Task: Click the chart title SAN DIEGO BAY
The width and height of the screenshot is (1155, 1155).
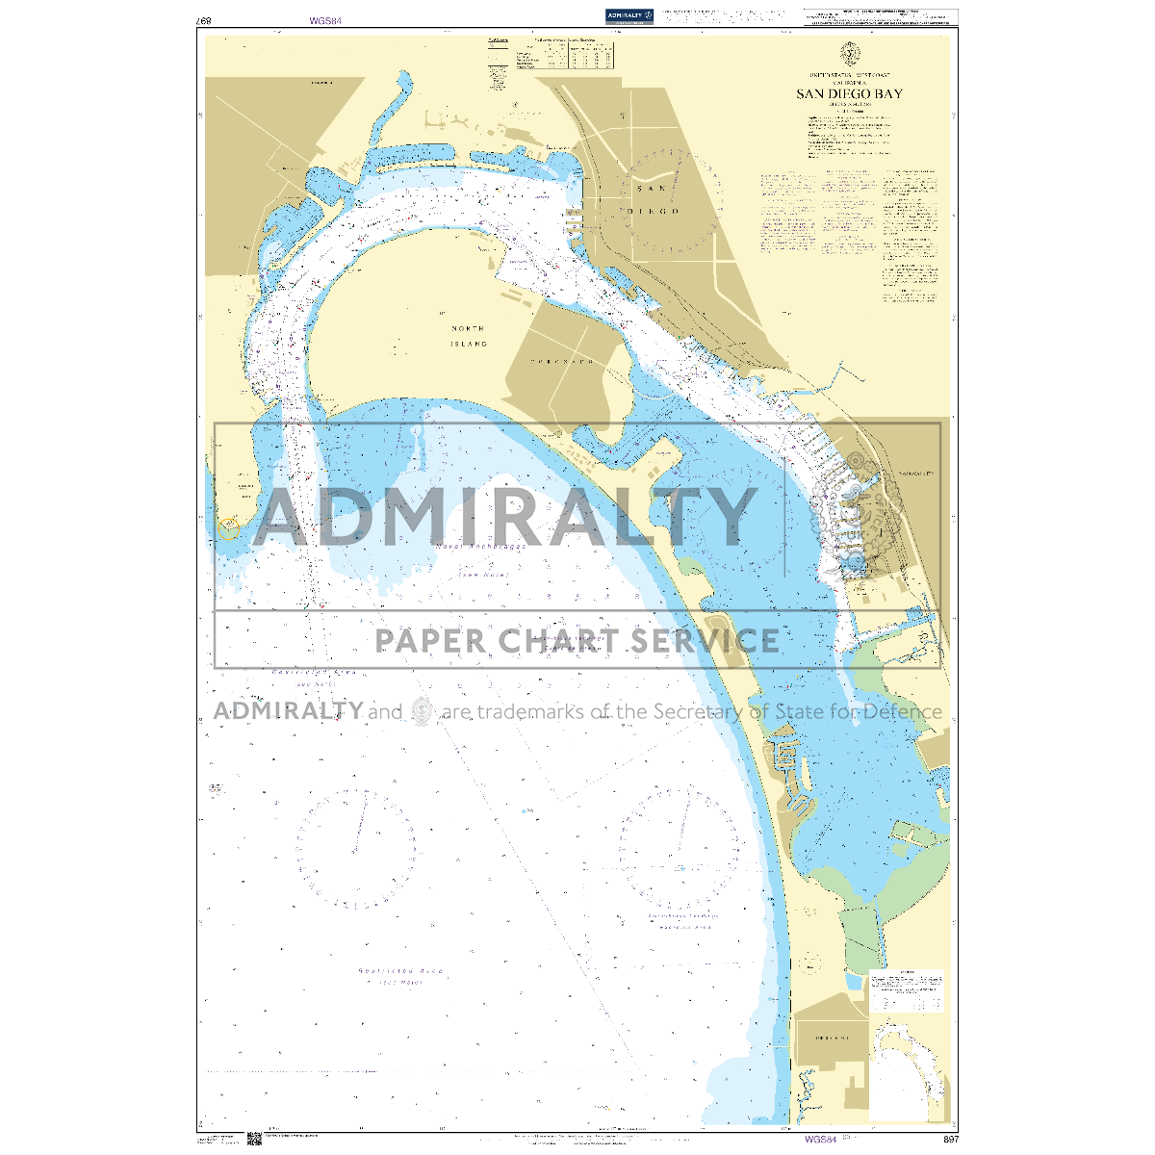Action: tap(849, 93)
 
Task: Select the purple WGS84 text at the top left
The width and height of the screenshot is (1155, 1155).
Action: tap(325, 20)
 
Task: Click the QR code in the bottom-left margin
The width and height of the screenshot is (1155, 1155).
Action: tap(255, 1139)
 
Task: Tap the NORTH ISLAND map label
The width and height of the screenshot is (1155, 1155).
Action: tap(470, 336)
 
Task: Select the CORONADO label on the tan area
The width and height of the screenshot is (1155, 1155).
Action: tap(563, 361)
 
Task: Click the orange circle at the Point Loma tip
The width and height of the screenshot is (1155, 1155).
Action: tap(229, 526)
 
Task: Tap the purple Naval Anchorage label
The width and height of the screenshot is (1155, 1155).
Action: tap(479, 547)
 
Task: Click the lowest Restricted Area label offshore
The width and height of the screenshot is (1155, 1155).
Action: tap(401, 971)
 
